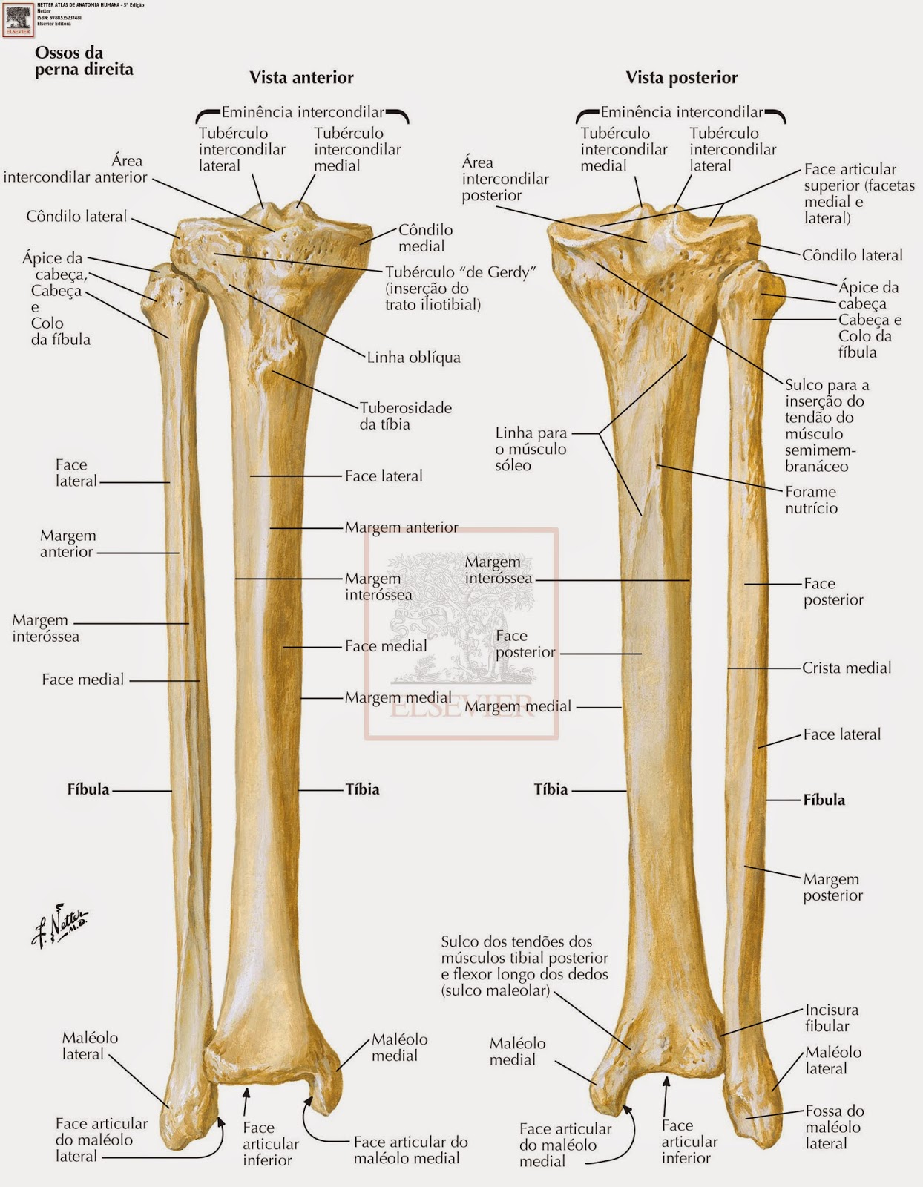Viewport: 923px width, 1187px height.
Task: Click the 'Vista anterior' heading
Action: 301,78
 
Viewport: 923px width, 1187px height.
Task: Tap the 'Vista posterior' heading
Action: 681,78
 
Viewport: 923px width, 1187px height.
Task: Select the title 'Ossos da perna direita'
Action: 84,61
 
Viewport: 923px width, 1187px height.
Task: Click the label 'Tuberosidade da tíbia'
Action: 405,415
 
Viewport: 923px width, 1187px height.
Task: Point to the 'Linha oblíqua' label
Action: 413,358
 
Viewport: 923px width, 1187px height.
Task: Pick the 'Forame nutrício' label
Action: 811,500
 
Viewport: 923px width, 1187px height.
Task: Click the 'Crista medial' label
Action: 847,668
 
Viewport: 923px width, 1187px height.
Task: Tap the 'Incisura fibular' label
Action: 831,1018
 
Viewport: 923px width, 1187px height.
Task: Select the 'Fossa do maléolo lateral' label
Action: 834,1127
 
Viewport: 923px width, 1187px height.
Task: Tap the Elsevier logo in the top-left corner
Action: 18,19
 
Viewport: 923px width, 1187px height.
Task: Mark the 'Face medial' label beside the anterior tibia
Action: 385,646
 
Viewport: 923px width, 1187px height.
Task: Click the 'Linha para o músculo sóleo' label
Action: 531,449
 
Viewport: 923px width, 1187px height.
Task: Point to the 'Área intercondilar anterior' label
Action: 76,169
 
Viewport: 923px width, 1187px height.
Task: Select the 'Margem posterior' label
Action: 832,887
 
